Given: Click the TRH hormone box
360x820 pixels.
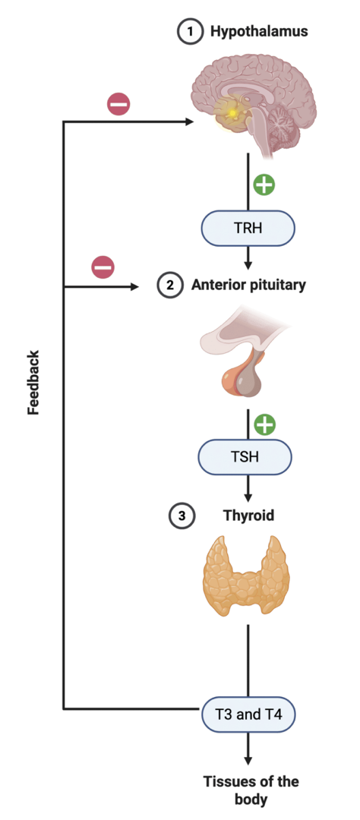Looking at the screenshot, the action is click(x=248, y=229).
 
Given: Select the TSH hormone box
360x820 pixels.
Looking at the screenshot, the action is click(x=245, y=456).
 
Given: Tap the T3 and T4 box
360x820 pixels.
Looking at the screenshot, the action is click(x=248, y=714).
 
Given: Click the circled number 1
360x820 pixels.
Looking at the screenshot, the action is click(x=190, y=31).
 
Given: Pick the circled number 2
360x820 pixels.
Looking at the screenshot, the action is click(x=170, y=285).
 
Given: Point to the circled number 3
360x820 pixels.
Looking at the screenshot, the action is click(x=182, y=516).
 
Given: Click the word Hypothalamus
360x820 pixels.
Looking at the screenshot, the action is click(x=259, y=31).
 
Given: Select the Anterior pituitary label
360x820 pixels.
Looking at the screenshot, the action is click(x=248, y=285).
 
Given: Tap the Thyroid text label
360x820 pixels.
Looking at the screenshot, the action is click(x=248, y=516).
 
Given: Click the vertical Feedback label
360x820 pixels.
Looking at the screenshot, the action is click(x=33, y=382).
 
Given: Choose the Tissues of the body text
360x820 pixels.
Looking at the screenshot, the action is click(x=251, y=790).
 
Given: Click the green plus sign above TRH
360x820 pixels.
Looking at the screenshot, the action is click(x=264, y=184).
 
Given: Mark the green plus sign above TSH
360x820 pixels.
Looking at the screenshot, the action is click(x=265, y=424).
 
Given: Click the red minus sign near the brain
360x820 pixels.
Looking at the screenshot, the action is click(x=118, y=104).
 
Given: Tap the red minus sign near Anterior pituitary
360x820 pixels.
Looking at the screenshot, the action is click(x=103, y=268).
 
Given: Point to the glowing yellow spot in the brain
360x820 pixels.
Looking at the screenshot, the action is click(x=232, y=112).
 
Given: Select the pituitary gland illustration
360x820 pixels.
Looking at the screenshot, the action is click(x=242, y=355).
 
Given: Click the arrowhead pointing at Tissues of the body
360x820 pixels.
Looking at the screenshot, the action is click(x=248, y=762).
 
